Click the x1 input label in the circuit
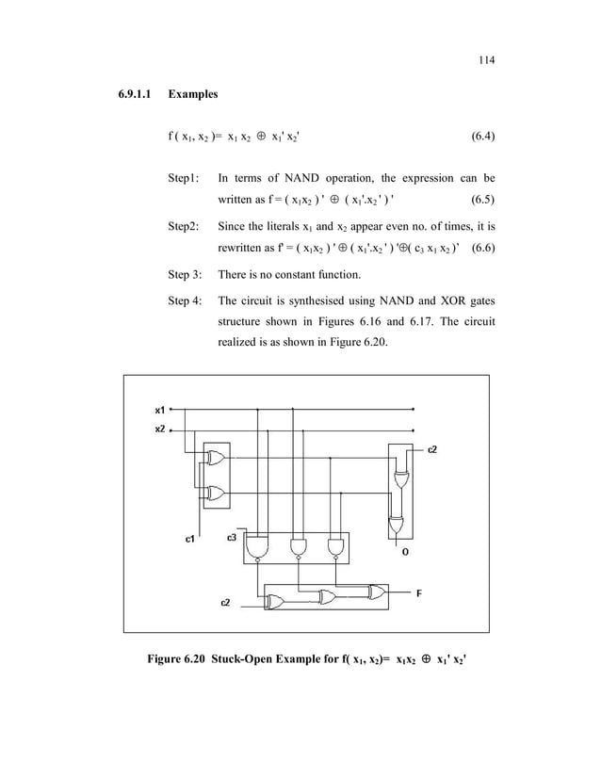click(161, 410)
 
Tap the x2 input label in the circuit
click(161, 429)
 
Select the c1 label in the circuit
click(189, 539)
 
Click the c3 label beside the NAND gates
click(232, 537)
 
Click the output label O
click(405, 552)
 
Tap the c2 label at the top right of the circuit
click(432, 449)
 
